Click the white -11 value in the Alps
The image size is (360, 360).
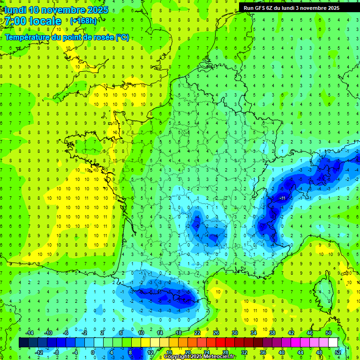pos(283,198)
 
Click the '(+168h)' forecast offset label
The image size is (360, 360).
pos(83,21)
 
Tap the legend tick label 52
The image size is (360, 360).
pos(337,352)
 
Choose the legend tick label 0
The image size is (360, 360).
pos(93,352)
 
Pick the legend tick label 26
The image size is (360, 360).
pos(216,332)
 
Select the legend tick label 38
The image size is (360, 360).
pos(272,332)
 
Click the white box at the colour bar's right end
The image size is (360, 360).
pos(333,343)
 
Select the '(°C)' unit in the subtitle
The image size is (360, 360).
pos(122,37)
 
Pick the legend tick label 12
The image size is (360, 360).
pos(150,352)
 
